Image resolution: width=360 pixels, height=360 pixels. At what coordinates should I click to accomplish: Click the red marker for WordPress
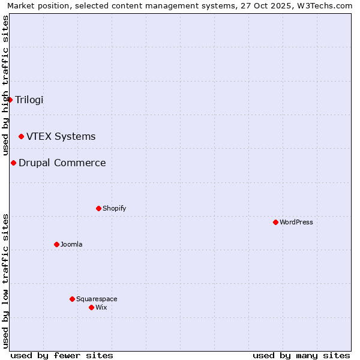275,222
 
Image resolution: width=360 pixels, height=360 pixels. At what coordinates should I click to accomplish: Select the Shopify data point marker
98,208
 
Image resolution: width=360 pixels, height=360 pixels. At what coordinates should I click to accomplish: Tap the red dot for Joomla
56,244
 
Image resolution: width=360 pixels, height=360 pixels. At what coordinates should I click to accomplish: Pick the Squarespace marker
72,299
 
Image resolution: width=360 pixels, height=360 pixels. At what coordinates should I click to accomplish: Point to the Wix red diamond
91,307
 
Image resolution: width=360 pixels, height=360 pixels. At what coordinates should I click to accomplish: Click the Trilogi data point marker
10,100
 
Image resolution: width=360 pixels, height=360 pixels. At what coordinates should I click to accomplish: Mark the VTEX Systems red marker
21,137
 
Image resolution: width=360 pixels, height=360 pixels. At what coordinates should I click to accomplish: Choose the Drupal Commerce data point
13,163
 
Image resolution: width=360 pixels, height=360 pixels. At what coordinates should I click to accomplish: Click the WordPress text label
296,222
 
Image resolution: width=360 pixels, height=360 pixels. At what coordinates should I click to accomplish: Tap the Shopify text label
114,208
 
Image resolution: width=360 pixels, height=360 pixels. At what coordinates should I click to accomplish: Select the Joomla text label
71,244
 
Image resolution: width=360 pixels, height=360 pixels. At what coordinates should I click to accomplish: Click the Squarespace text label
97,299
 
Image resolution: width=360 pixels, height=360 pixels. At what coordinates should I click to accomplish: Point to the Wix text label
101,307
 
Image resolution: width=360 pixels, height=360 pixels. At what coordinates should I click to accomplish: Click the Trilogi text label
29,100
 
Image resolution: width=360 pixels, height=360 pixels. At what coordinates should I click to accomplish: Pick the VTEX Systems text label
61,137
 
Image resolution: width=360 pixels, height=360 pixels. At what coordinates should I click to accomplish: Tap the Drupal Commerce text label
62,163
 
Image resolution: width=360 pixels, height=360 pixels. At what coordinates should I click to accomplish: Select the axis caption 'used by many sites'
301,355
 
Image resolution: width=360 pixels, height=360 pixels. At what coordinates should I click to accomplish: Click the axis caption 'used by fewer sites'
62,355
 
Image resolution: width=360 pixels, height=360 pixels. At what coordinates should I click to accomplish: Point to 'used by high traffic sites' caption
5,84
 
